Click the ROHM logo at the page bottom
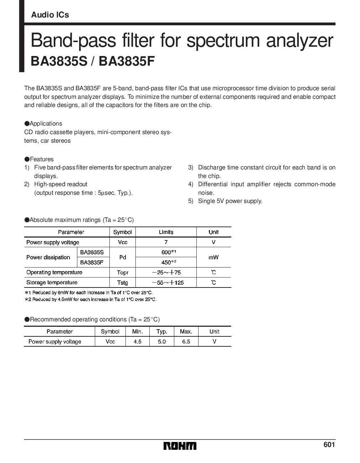180,446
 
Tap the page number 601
329,445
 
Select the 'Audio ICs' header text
50,15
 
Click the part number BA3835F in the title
127,61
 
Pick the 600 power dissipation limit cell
166,252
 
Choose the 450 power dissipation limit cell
166,263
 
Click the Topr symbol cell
122,273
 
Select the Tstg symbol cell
122,283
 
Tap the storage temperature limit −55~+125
166,283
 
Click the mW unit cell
214,257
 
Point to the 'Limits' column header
166,232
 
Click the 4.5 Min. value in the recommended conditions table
137,342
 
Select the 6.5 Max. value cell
186,342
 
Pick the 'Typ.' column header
162,331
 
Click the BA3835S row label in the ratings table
92,252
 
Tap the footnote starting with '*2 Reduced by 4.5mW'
91,299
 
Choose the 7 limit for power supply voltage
166,242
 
